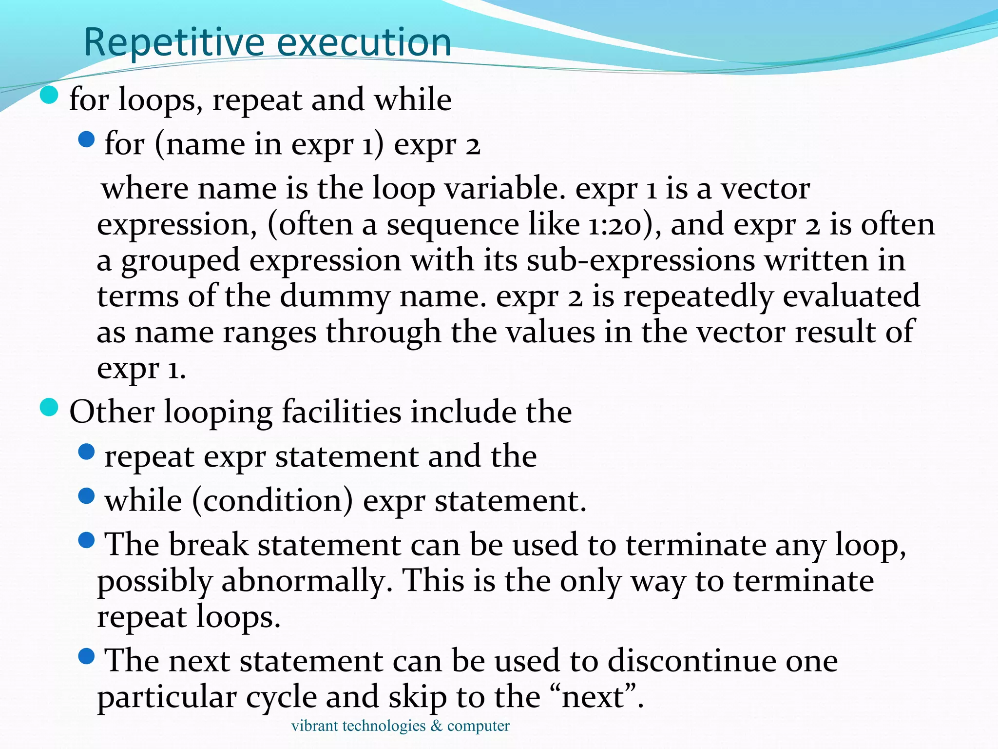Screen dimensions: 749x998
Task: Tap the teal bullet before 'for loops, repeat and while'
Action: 49,95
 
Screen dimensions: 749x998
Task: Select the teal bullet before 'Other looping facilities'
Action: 49,407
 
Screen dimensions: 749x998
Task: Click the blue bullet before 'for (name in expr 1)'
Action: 86,140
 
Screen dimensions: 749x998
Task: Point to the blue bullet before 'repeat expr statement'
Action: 86,452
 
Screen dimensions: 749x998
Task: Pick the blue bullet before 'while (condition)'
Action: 86,496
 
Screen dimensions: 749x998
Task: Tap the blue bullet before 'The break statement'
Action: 86,540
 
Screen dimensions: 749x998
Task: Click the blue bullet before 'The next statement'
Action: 86,656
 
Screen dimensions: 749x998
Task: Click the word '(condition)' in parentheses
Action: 272,501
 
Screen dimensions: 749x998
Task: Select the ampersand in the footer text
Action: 436,726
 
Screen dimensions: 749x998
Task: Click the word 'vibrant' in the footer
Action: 314,726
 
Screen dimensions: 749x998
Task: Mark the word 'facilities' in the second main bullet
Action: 341,413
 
